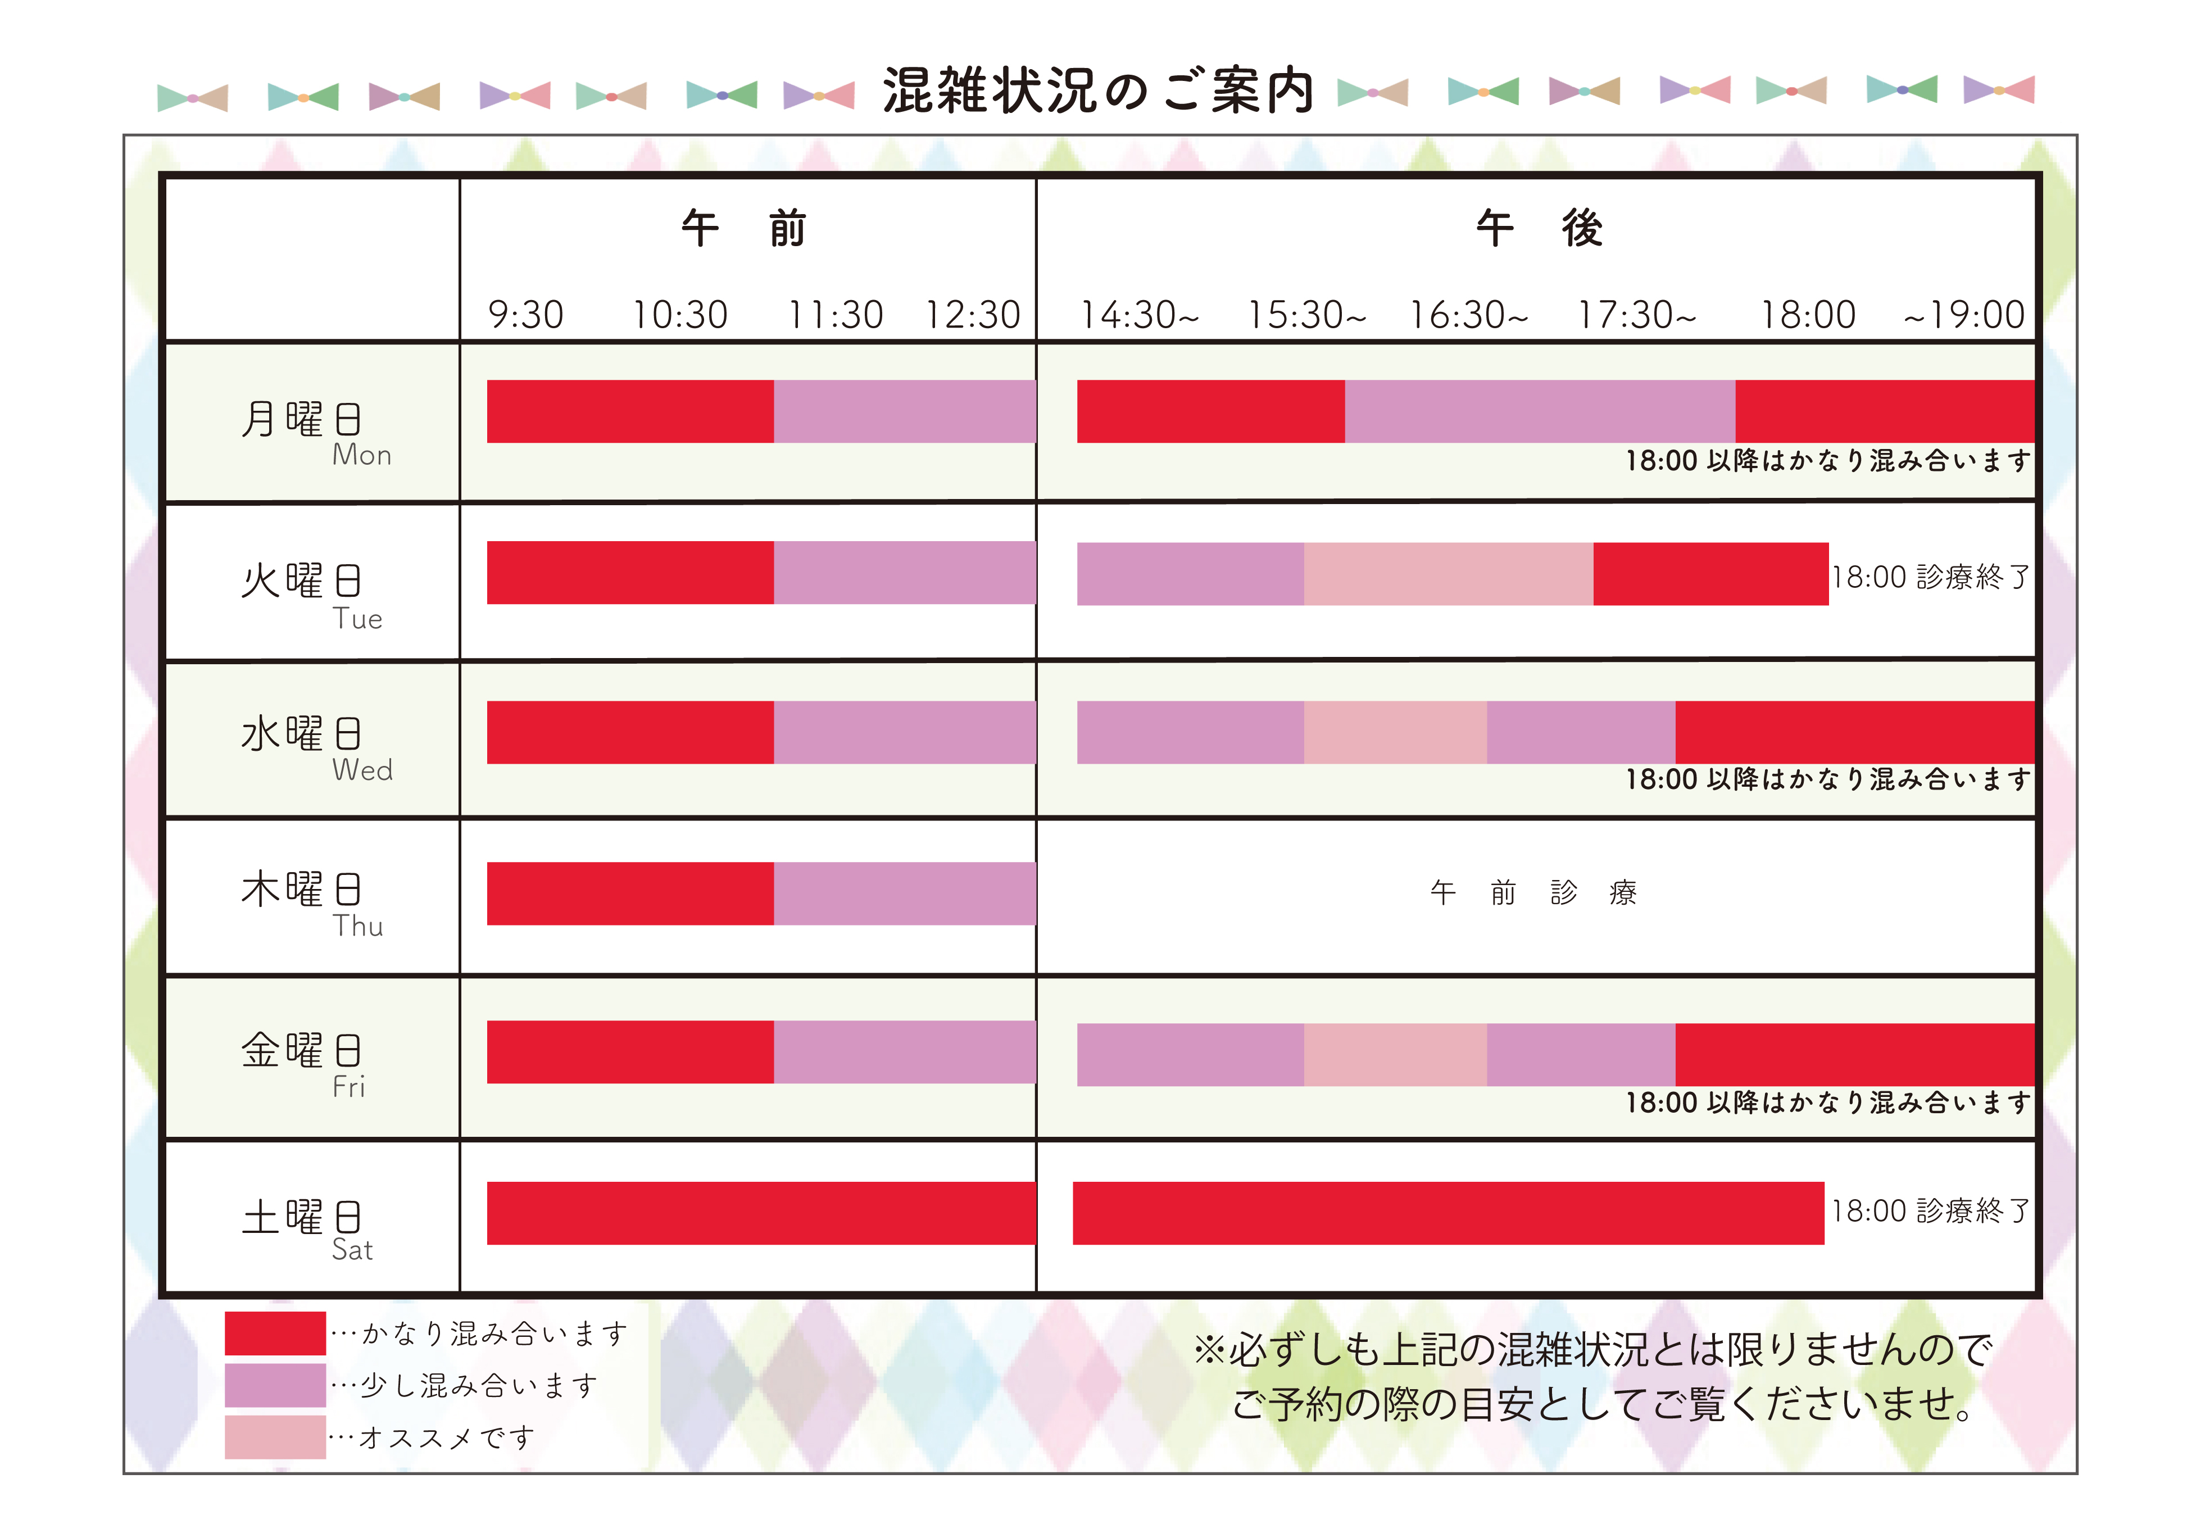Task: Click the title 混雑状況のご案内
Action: [1097, 92]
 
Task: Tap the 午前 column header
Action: [744, 229]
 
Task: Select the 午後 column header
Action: [1539, 229]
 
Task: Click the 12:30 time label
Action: [973, 315]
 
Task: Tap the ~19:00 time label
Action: [1963, 315]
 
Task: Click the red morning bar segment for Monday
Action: [629, 411]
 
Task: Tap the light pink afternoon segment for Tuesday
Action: [1448, 574]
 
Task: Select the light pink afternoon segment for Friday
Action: [1395, 1055]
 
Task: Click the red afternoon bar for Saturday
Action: [1448, 1213]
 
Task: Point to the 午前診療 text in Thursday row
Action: [1532, 893]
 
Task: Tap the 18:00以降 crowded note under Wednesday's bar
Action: [1828, 779]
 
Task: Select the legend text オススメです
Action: [446, 1437]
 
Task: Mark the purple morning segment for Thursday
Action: [904, 894]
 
